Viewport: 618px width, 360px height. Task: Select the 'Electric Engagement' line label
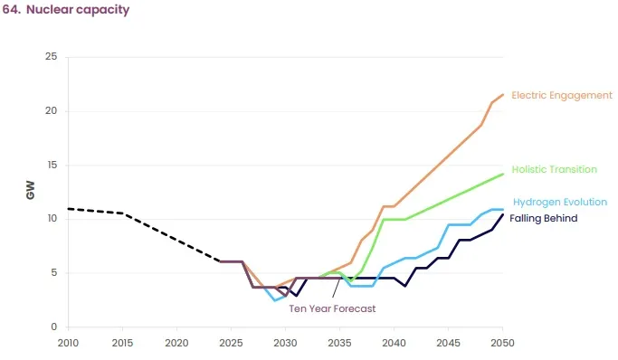pyautogui.click(x=561, y=95)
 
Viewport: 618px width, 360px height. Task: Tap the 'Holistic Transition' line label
pyautogui.click(x=554, y=169)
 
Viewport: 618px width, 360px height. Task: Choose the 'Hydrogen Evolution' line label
pyautogui.click(x=559, y=202)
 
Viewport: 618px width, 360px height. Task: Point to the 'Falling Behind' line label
pyautogui.click(x=543, y=218)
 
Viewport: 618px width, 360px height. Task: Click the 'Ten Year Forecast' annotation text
pyautogui.click(x=332, y=308)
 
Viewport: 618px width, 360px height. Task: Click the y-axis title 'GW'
pyautogui.click(x=30, y=192)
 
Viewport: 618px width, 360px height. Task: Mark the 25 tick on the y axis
pyautogui.click(x=51, y=57)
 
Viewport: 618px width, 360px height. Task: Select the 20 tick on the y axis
pyautogui.click(x=51, y=111)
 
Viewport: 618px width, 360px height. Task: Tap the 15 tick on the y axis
pyautogui.click(x=52, y=165)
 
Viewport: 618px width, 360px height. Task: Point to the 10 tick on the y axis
pyautogui.click(x=52, y=219)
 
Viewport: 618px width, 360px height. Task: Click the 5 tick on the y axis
pyautogui.click(x=54, y=272)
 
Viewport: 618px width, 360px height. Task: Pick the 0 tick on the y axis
pyautogui.click(x=54, y=327)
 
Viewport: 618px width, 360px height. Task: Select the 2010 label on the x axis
pyautogui.click(x=68, y=343)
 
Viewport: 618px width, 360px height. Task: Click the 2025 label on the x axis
pyautogui.click(x=231, y=343)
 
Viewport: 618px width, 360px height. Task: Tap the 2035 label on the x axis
pyautogui.click(x=339, y=343)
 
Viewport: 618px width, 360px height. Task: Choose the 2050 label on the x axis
pyautogui.click(x=502, y=343)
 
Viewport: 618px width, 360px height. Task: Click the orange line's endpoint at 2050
pyautogui.click(x=502, y=94)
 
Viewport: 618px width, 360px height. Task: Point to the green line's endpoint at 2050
pyautogui.click(x=502, y=174)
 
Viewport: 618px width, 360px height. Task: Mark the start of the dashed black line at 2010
pyautogui.click(x=69, y=209)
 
